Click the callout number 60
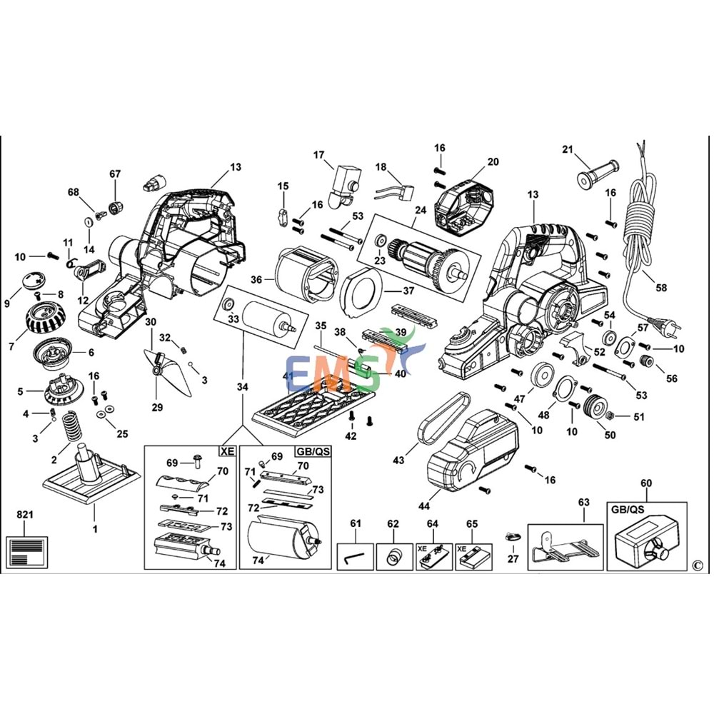pos(647,484)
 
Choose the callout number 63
pos(584,503)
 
